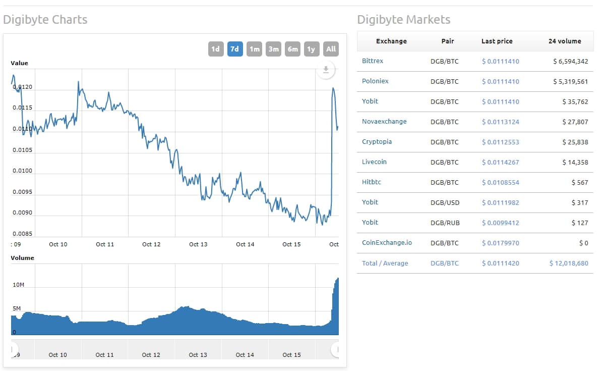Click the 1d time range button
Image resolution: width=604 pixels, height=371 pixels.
[215, 49]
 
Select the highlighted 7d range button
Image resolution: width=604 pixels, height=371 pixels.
[235, 49]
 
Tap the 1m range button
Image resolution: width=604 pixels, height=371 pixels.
[254, 49]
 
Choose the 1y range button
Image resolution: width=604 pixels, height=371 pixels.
[311, 49]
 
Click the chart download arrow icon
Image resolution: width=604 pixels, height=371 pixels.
[326, 70]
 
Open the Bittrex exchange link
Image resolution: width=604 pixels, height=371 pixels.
[373, 61]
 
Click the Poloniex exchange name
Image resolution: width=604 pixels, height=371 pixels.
[375, 81]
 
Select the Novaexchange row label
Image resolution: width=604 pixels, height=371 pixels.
[384, 122]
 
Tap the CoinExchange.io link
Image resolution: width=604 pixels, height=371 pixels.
[387, 243]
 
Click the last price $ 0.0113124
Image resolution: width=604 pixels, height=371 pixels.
[500, 122]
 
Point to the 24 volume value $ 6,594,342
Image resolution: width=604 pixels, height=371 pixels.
[570, 61]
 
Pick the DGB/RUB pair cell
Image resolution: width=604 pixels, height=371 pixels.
[445, 223]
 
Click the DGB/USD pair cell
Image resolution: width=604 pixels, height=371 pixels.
[445, 202]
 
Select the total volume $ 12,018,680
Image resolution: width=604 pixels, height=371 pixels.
[569, 263]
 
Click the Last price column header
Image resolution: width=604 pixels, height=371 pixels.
[497, 41]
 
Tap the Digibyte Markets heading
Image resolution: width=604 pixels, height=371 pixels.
[403, 20]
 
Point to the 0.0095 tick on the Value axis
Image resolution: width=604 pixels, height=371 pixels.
[22, 192]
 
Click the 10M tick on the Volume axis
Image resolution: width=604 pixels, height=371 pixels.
[18, 285]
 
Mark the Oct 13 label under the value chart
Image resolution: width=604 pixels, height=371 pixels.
[198, 244]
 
